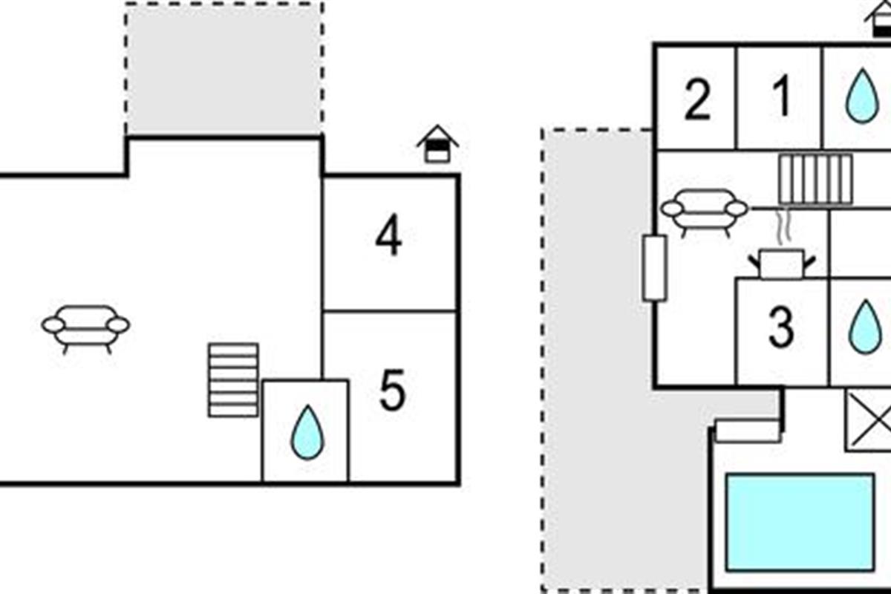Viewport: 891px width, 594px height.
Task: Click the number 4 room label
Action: (x=388, y=235)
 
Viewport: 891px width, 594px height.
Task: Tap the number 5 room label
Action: (x=393, y=390)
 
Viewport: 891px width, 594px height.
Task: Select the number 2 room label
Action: (x=697, y=99)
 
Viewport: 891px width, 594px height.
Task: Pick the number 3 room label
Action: (x=781, y=328)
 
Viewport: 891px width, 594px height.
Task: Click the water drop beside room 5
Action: (x=307, y=432)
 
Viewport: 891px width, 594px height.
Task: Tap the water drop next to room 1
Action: (x=862, y=96)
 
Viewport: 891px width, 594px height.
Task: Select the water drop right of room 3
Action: (x=865, y=327)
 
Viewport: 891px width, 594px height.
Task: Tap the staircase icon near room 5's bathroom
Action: (x=233, y=380)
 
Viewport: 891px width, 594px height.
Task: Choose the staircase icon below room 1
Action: (x=815, y=180)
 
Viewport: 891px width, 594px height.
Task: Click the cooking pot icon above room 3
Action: (x=782, y=264)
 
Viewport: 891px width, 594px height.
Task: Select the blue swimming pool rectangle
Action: (x=800, y=523)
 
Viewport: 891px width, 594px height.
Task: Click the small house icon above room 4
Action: (x=437, y=144)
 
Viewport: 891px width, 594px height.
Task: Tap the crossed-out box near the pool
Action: (x=868, y=420)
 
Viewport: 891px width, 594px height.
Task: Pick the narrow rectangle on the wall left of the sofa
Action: (x=655, y=268)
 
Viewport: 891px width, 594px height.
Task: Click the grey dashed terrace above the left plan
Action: (x=224, y=69)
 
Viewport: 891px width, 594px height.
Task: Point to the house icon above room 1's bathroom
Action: (x=879, y=19)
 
